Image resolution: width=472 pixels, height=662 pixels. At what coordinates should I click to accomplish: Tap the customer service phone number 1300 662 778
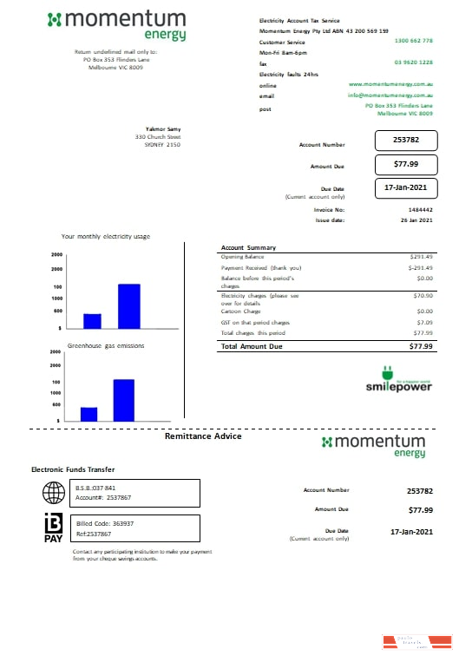(413, 41)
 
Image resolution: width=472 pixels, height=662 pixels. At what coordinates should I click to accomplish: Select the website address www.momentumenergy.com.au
(390, 84)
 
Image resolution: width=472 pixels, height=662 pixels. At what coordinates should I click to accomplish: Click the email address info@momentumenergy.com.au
(390, 95)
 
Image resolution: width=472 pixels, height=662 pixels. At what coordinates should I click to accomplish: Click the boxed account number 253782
(406, 140)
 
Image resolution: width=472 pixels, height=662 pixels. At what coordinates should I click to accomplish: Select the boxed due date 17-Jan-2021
(406, 187)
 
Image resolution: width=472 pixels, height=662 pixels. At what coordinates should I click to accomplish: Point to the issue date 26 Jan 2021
(415, 220)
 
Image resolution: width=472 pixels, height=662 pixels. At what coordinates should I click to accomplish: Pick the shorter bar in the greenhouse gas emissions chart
(88, 413)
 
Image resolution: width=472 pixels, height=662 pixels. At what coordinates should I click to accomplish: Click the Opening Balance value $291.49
(420, 257)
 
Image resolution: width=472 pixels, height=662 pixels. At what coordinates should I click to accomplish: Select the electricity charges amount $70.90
(422, 296)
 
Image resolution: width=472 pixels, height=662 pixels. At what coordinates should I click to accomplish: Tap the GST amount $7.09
(424, 322)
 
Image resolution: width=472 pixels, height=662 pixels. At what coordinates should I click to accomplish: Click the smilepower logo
(398, 383)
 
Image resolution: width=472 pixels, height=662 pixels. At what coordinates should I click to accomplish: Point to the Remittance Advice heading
(203, 436)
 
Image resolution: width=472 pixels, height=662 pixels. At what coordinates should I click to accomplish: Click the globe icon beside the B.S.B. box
(54, 493)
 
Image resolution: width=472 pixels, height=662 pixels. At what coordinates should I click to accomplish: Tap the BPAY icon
(53, 528)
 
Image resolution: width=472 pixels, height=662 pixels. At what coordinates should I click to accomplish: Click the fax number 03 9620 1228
(413, 62)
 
